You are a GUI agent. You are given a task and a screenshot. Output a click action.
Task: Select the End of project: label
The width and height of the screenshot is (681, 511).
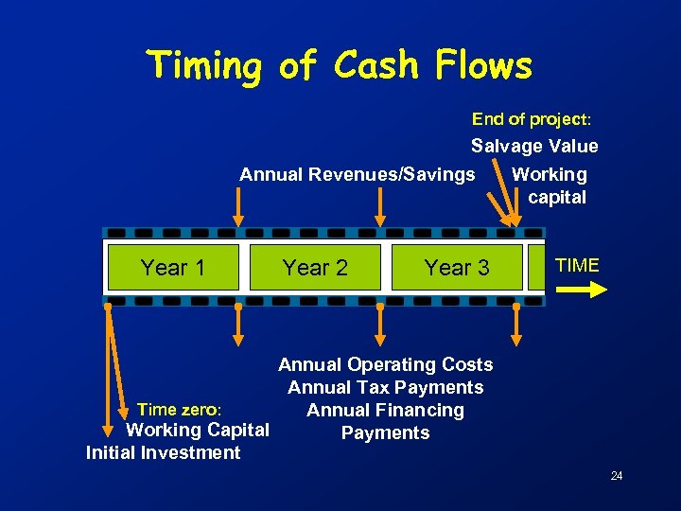pyautogui.click(x=532, y=119)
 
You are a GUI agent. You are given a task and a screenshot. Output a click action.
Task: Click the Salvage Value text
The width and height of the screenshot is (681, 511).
pyautogui.click(x=534, y=146)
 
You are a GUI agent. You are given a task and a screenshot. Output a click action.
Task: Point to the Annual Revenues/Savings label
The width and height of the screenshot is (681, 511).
pyautogui.click(x=357, y=174)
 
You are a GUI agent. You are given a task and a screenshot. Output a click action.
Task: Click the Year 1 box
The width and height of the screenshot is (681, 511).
pyautogui.click(x=172, y=268)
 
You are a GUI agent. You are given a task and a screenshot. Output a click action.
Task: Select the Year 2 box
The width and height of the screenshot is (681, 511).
pyautogui.click(x=315, y=268)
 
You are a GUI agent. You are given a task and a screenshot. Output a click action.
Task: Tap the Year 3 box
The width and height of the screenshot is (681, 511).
pyautogui.click(x=457, y=268)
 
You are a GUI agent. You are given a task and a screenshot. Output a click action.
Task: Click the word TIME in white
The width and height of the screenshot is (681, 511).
pyautogui.click(x=577, y=265)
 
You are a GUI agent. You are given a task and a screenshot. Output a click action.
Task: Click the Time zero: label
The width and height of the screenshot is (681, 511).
pyautogui.click(x=180, y=410)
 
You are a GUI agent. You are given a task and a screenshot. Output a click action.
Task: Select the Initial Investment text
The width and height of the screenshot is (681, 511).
pyautogui.click(x=163, y=452)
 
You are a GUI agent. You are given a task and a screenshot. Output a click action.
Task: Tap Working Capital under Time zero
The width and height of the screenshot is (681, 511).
pyautogui.click(x=198, y=430)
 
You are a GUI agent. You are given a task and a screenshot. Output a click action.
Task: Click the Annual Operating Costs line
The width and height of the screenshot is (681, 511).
pyautogui.click(x=385, y=364)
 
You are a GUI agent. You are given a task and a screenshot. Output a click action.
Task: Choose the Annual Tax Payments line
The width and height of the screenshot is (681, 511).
pyautogui.click(x=385, y=387)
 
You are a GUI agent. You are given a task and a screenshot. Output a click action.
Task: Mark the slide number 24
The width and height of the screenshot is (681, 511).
pyautogui.click(x=616, y=475)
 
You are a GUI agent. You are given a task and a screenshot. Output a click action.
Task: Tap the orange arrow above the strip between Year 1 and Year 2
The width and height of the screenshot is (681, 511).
pyautogui.click(x=237, y=207)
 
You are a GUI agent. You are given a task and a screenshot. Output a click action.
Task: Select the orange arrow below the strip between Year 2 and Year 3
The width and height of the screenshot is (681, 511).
pyautogui.click(x=380, y=325)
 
